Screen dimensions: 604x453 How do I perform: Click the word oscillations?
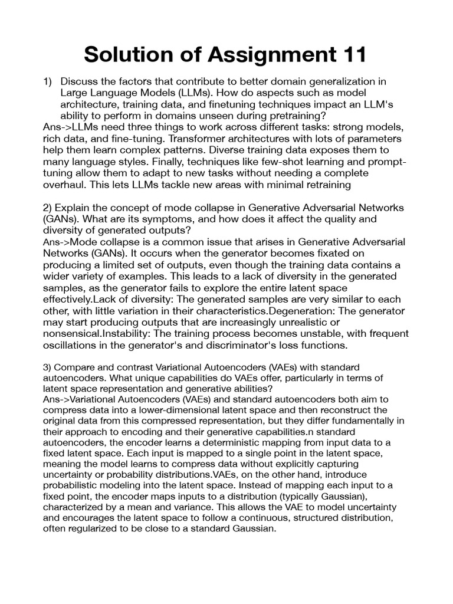[x=71, y=345]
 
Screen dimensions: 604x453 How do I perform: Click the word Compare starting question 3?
[x=73, y=368]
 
